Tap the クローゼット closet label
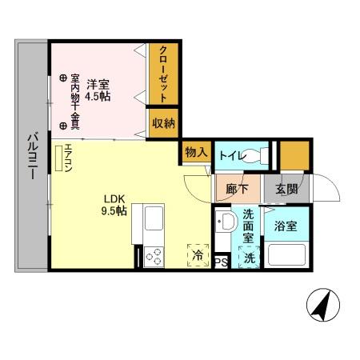[x=162, y=73]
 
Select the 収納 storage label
[x=163, y=122]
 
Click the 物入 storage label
[x=195, y=152]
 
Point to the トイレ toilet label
[x=230, y=155]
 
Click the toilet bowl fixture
[x=254, y=155]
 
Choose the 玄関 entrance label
[x=287, y=190]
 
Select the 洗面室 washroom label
[x=249, y=226]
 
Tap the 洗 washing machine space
[x=250, y=258]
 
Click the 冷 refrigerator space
[x=197, y=255]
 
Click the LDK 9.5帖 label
[x=114, y=205]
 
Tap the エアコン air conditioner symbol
[x=60, y=158]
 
